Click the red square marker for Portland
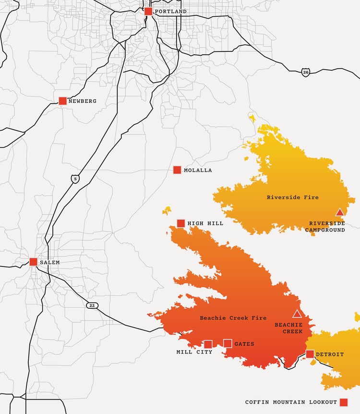(x=148, y=12)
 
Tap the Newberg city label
(x=82, y=101)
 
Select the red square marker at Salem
(x=34, y=262)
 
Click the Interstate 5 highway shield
(x=74, y=179)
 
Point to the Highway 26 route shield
(x=306, y=73)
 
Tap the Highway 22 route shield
(x=91, y=305)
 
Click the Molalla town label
(x=198, y=170)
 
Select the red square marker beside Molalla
(x=177, y=170)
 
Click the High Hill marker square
(x=181, y=223)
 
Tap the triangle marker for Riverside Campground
(x=339, y=212)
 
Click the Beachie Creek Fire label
(x=226, y=318)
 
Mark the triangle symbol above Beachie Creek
(x=297, y=314)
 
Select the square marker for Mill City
(x=208, y=344)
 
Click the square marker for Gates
(x=228, y=343)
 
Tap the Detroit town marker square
(x=310, y=354)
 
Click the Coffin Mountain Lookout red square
(x=343, y=402)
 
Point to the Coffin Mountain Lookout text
(x=291, y=402)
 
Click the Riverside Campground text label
(x=327, y=227)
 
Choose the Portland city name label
(x=170, y=12)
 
